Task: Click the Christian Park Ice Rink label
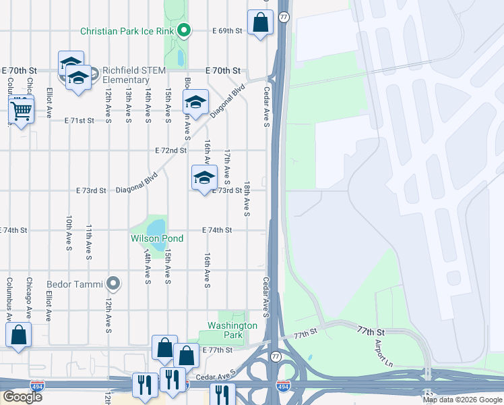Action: [x=127, y=31]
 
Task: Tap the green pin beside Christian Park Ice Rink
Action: [x=184, y=30]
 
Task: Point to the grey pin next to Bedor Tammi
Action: [x=113, y=283]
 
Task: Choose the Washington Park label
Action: [x=232, y=330]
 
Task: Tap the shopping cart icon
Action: [x=22, y=109]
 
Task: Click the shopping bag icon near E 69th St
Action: [x=260, y=22]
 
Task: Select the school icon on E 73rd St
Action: [x=204, y=178]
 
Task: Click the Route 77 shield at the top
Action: [x=284, y=16]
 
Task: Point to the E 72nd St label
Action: [x=170, y=150]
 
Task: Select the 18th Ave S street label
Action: [x=247, y=199]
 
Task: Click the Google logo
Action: [x=22, y=397]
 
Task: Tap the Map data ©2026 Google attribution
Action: [x=462, y=400]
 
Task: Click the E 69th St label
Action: [x=227, y=31]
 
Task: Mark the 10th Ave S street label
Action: [x=69, y=234]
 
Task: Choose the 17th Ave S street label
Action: [x=228, y=167]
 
